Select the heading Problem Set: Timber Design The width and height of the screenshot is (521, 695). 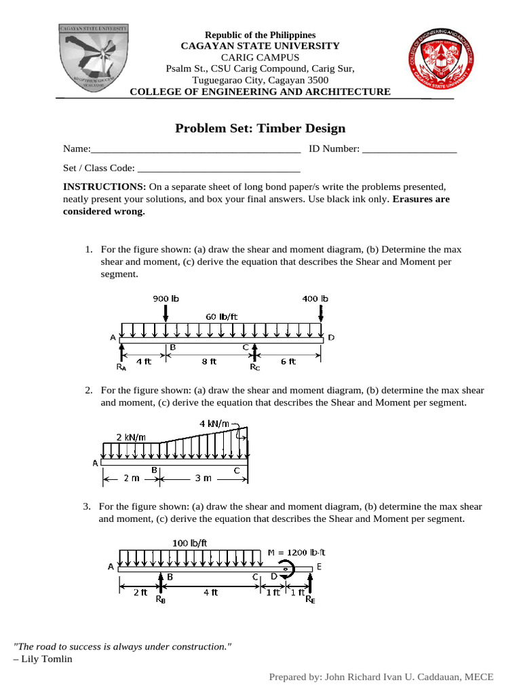(260, 128)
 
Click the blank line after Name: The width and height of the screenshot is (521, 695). (195, 149)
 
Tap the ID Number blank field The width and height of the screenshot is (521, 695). (410, 149)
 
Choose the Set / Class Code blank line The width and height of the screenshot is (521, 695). (218, 169)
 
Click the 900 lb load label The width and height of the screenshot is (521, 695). (166, 299)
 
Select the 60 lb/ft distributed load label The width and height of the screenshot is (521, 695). (223, 316)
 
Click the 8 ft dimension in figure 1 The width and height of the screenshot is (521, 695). (209, 362)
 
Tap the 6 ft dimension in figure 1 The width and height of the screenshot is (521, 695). (288, 362)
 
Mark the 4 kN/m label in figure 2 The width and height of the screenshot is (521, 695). (214, 424)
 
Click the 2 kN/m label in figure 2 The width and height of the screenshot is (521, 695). (130, 436)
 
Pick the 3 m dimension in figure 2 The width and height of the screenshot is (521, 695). (203, 478)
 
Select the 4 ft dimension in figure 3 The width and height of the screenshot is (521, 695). (210, 592)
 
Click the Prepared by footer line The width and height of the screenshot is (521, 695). (381, 677)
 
